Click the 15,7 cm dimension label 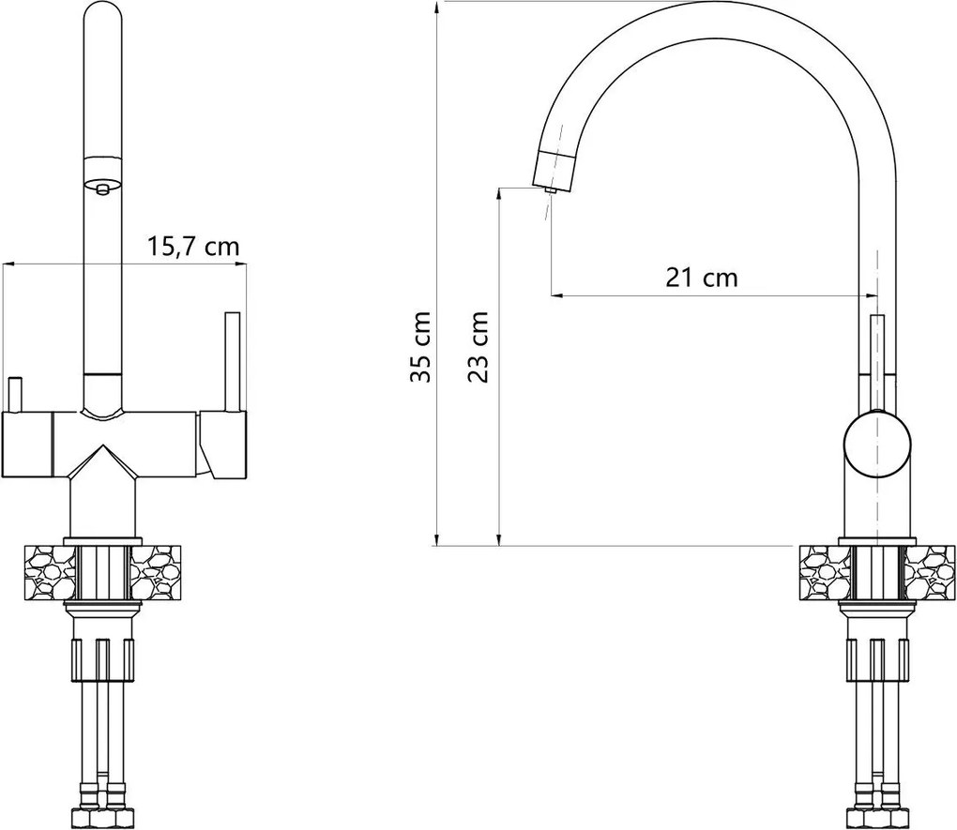(x=193, y=247)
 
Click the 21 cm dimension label (x=701, y=278)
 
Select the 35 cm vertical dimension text (x=421, y=347)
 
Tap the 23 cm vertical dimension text (x=478, y=347)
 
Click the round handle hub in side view (x=876, y=445)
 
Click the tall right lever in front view (x=232, y=361)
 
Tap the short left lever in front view (x=14, y=393)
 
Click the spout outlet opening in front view (x=102, y=189)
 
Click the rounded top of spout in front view (x=102, y=14)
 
